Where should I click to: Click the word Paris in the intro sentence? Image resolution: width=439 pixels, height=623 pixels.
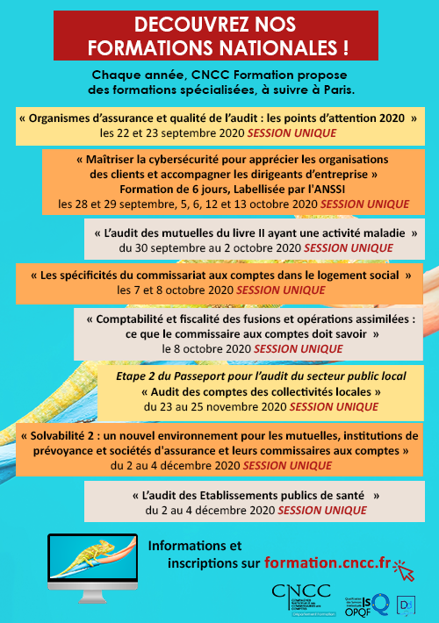point(357,90)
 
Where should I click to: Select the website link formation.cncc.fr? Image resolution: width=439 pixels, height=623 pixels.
point(329,562)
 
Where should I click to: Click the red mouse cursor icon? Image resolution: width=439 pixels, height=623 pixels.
point(406,570)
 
